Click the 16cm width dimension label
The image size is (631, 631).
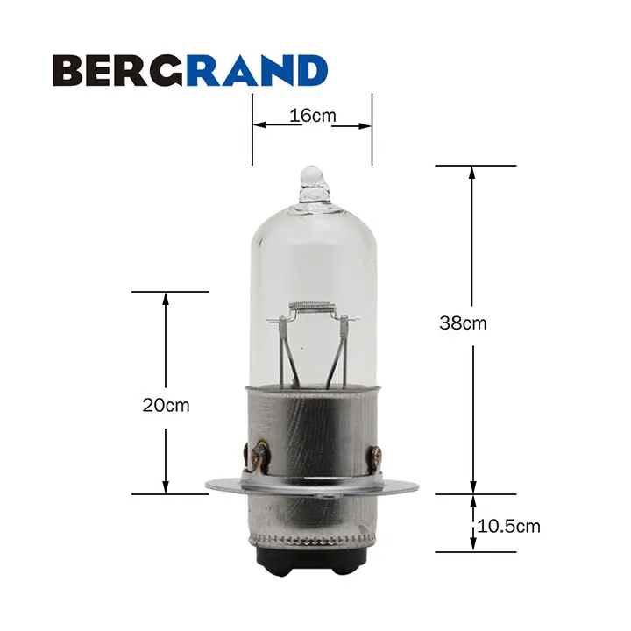(x=313, y=116)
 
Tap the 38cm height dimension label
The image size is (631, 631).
(x=463, y=323)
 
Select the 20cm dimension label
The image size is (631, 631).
(x=166, y=405)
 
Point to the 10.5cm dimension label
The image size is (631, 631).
(x=508, y=527)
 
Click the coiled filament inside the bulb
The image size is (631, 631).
(x=313, y=308)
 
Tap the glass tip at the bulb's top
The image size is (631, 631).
(x=312, y=184)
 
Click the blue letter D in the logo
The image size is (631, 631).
(x=311, y=70)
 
